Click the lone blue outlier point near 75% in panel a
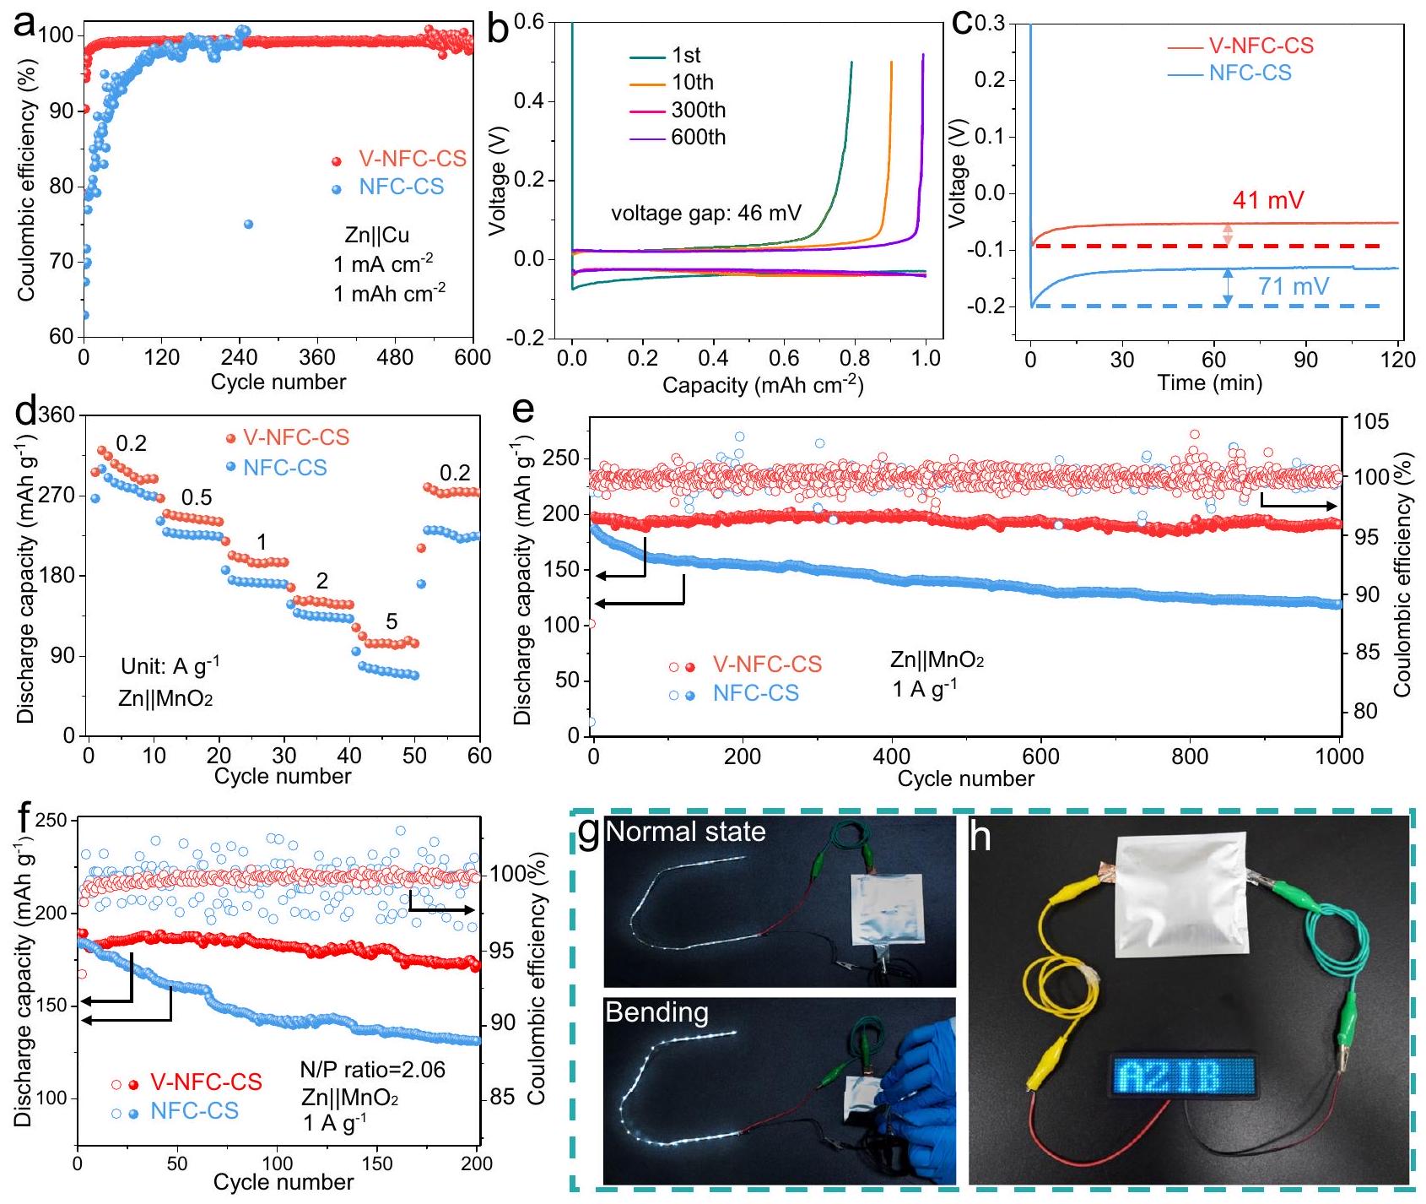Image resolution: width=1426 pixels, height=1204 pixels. tap(248, 224)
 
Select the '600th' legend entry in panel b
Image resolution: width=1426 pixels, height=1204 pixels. tap(698, 138)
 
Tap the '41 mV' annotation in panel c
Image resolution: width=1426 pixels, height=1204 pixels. tap(1267, 200)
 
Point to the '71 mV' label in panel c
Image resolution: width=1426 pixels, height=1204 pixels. tap(1293, 287)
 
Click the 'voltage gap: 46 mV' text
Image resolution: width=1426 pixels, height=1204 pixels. tap(706, 213)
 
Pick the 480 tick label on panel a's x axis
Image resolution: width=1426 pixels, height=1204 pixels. tap(395, 357)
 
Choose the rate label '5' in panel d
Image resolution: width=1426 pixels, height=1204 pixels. tap(392, 622)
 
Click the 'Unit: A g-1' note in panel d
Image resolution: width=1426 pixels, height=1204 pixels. tap(170, 666)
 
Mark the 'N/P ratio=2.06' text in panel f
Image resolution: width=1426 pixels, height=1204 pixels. tap(372, 1070)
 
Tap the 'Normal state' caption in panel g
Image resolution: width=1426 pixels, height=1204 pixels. tap(685, 832)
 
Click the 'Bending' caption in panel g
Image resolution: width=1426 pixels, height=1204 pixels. tap(656, 1012)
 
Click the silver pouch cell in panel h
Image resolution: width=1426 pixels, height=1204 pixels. tap(1180, 895)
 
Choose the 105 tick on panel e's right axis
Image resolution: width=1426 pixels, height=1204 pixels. tap(1370, 420)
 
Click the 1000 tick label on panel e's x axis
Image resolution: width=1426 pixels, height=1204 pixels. tap(1339, 756)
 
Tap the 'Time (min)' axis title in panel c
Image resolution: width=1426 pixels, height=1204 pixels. tap(1209, 383)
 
